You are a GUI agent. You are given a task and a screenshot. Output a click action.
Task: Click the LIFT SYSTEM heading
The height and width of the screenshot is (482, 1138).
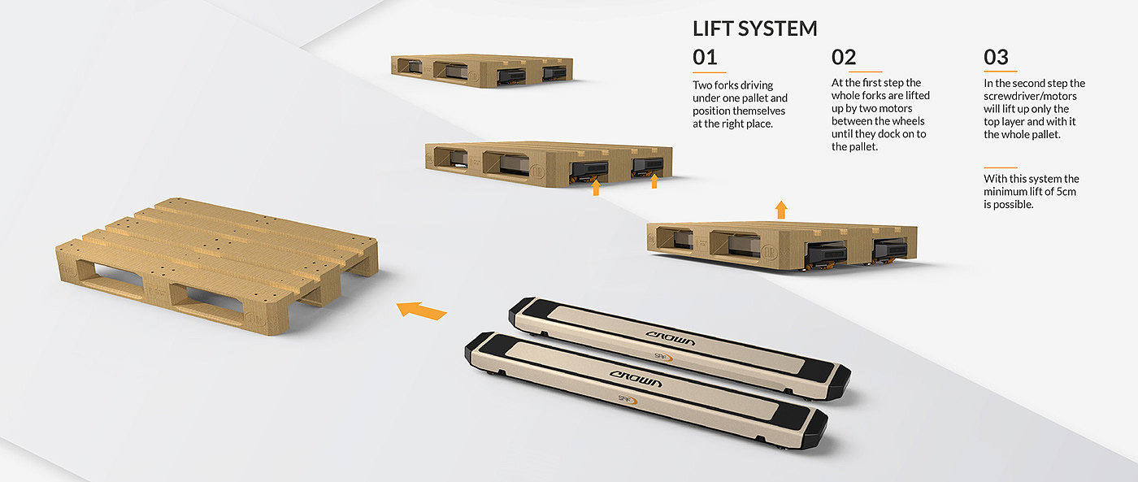[755, 28]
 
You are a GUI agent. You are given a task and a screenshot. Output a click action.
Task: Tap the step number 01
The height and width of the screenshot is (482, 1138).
[705, 57]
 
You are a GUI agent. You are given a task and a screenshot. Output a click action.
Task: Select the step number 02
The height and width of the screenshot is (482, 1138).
[844, 57]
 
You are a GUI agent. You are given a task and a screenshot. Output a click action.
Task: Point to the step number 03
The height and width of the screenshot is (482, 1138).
[996, 57]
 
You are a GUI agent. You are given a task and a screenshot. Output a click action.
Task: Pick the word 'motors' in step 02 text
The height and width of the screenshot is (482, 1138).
[893, 108]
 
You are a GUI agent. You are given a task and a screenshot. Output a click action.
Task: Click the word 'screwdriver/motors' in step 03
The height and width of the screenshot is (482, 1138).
[1030, 96]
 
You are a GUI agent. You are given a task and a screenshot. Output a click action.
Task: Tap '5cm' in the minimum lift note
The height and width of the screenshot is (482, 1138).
[1066, 192]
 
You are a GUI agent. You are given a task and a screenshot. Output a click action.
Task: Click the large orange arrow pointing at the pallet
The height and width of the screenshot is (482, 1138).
[421, 310]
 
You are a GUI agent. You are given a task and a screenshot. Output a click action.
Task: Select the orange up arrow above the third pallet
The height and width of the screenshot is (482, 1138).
[781, 210]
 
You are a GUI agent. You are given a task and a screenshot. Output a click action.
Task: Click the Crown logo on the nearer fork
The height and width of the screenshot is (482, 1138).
[636, 379]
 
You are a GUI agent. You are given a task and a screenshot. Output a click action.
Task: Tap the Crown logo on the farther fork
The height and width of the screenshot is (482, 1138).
[670, 337]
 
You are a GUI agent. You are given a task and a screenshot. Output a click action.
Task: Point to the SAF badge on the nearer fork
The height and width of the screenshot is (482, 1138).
[628, 400]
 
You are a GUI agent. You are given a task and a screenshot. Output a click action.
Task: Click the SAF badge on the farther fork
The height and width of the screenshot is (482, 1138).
[663, 357]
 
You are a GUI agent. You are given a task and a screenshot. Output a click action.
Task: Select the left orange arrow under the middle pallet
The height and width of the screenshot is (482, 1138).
[596, 187]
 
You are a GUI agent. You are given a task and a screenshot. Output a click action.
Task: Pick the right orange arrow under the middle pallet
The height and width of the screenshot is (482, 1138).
[654, 180]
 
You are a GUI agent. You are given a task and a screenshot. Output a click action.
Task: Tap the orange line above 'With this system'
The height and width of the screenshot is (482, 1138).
[1001, 167]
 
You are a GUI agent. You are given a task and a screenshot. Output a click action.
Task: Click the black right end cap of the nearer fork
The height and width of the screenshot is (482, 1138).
[810, 430]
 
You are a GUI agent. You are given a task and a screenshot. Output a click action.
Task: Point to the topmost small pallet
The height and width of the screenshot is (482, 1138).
[481, 71]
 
